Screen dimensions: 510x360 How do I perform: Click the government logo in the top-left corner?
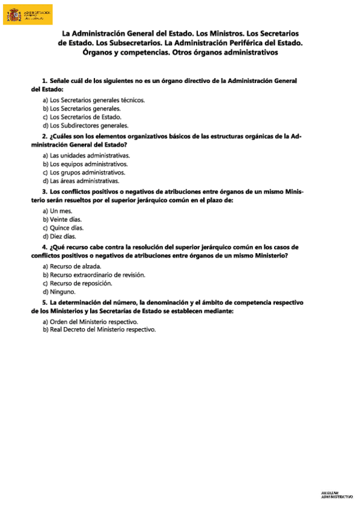(28, 14)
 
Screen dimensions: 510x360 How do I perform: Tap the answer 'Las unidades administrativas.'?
(86, 155)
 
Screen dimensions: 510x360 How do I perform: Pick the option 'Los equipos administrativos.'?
(85, 164)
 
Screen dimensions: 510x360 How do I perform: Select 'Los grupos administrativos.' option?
(84, 172)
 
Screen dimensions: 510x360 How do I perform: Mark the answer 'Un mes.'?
(58, 210)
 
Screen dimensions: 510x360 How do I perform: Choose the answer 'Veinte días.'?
(62, 220)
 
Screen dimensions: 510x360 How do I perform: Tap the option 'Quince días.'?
(63, 228)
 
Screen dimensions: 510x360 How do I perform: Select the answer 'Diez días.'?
(59, 236)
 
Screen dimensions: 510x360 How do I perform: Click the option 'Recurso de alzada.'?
(72, 266)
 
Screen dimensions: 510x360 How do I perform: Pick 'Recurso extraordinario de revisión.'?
(94, 275)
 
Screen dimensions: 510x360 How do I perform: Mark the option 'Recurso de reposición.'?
(77, 283)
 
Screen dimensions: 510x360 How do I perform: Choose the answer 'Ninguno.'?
(59, 292)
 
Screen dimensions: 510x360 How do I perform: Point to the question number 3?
(44, 192)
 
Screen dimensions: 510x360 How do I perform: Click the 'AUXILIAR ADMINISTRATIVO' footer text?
(337, 495)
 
